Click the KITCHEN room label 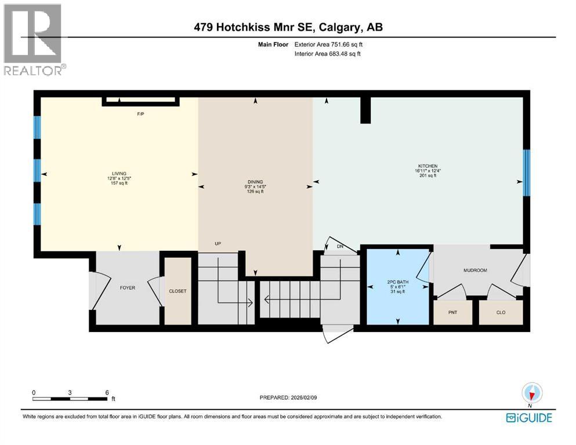426,166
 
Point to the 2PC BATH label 397,282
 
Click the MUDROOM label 474,271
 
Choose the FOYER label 127,287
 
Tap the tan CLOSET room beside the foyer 177,291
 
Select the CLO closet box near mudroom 501,312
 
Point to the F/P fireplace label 140,114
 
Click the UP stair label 218,244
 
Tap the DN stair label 340,246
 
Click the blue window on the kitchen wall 526,173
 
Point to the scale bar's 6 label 106,392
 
